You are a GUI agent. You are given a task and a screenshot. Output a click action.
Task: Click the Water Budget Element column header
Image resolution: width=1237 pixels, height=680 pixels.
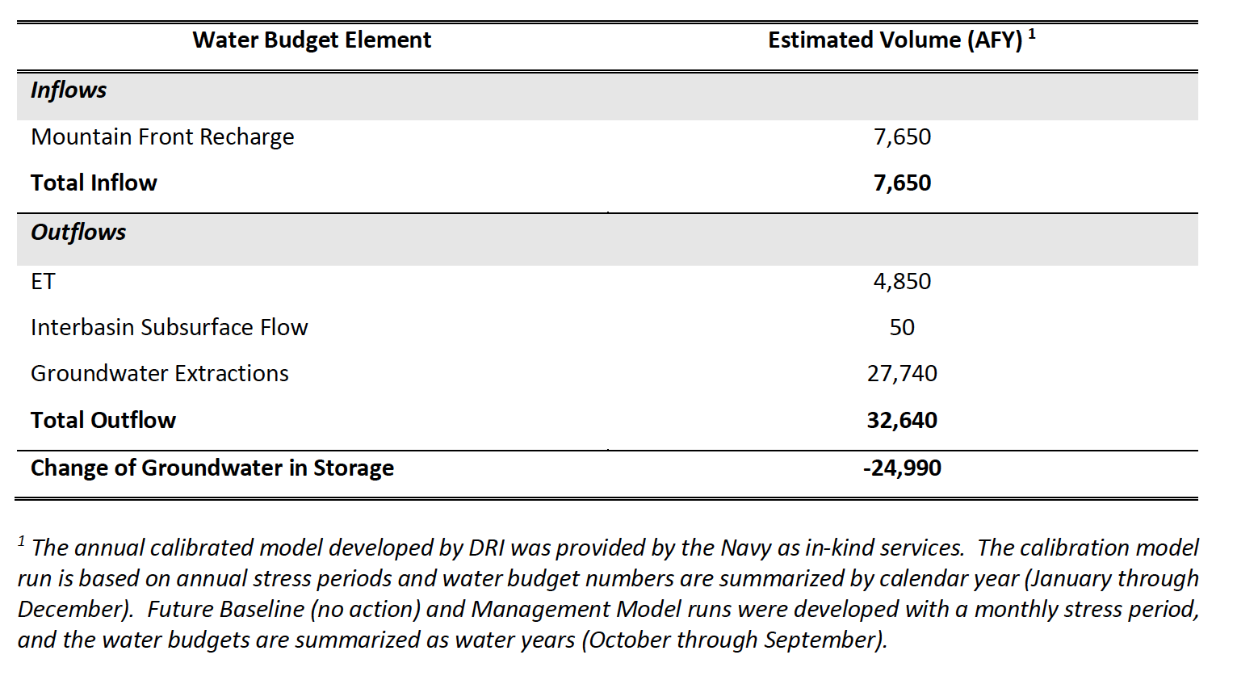coord(312,40)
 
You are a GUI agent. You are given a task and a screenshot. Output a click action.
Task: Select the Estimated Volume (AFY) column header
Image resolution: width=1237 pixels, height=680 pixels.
coord(895,40)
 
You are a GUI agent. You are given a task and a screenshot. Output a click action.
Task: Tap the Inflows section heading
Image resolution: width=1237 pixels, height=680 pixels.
coord(69,90)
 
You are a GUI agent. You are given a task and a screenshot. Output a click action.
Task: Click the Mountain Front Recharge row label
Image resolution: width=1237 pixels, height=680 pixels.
coord(162,137)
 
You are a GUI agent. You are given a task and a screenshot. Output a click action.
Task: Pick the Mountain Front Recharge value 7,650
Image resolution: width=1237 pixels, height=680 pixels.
coord(902,137)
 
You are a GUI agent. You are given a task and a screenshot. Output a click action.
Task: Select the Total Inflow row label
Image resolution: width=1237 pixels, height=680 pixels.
coord(94,183)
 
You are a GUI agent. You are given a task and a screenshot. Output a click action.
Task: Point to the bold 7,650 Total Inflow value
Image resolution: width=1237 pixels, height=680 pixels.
coord(902,183)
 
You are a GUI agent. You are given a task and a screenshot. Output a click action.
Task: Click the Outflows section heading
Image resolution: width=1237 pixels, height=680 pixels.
coord(78,233)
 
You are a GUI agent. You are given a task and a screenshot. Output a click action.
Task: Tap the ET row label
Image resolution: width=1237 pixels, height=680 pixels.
coord(43,282)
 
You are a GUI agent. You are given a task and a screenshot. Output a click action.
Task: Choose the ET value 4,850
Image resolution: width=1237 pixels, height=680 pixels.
coord(902,282)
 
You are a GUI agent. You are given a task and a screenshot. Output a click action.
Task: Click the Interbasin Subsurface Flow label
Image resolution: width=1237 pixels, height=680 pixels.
coord(170,328)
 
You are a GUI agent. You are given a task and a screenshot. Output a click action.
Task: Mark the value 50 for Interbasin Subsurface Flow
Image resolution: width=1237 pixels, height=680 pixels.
coord(902,328)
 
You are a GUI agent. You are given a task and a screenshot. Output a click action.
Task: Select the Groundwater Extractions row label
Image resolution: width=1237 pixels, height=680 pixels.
coord(160,374)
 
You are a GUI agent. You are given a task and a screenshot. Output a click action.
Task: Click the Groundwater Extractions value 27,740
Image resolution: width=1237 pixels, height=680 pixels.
coord(902,374)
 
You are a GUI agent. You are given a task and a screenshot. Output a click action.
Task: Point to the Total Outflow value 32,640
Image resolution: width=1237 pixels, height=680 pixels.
coord(902,421)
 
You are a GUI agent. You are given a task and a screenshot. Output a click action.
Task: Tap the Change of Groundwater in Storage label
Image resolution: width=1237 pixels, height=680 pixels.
coord(212,468)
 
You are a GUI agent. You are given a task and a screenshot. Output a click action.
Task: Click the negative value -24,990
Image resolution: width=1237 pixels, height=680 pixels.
coord(902,468)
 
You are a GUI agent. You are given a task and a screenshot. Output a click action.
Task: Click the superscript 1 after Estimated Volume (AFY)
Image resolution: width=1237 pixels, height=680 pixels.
coord(1032,34)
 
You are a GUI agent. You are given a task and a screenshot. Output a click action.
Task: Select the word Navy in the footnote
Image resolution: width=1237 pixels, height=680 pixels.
coord(745,548)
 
